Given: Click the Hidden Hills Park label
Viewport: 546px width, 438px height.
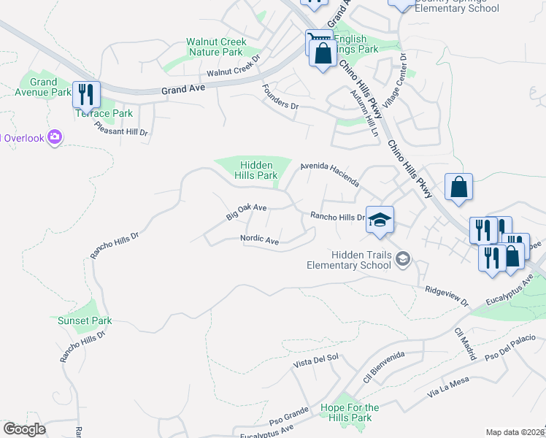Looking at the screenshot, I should [x=255, y=171].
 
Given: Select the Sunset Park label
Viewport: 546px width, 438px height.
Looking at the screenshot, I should [x=85, y=320].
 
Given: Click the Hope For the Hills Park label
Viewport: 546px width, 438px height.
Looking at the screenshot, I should [x=350, y=412].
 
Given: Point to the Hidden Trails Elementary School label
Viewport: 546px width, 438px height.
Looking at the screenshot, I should [x=355, y=260].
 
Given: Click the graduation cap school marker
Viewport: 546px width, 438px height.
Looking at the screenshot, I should [x=380, y=220].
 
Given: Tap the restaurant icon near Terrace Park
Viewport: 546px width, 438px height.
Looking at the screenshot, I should [x=86, y=93].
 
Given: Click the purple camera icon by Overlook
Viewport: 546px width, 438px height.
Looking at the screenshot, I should [x=54, y=137].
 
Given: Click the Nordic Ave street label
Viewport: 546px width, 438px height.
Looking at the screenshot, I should [x=261, y=240].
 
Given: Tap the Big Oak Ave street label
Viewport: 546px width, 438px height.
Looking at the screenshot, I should [x=246, y=211].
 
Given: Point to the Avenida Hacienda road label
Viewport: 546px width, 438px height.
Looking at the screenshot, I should [x=330, y=174].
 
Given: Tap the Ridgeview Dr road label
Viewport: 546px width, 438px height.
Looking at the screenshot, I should [x=446, y=296].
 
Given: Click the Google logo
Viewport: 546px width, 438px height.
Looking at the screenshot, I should [x=24, y=429].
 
